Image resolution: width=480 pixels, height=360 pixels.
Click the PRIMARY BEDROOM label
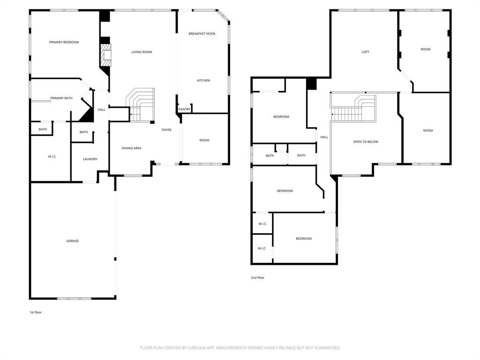click(x=64, y=42)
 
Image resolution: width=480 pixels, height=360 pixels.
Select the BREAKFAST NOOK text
click(x=202, y=34)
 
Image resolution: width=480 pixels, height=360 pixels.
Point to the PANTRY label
click(x=185, y=109)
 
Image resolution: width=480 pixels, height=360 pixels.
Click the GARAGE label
click(x=72, y=241)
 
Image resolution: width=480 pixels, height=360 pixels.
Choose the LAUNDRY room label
click(x=90, y=159)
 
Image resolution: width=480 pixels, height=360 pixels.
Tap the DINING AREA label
click(x=131, y=148)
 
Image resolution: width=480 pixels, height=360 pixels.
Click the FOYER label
click(x=166, y=130)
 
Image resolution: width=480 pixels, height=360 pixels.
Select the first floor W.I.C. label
click(x=52, y=157)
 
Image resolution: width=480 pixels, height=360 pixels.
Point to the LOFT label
click(x=365, y=52)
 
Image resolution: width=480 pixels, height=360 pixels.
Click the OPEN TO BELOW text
click(x=366, y=142)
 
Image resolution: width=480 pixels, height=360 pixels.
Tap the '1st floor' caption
click(x=36, y=312)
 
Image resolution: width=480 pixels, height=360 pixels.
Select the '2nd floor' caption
click(x=257, y=277)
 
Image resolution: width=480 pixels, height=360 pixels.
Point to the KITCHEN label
click(x=203, y=81)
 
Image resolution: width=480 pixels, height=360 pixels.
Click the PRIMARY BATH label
click(x=61, y=98)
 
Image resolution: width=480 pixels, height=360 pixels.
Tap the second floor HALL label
click(x=324, y=137)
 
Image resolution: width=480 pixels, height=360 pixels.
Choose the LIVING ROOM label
click(x=142, y=52)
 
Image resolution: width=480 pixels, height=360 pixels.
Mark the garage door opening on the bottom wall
click(x=74, y=298)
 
